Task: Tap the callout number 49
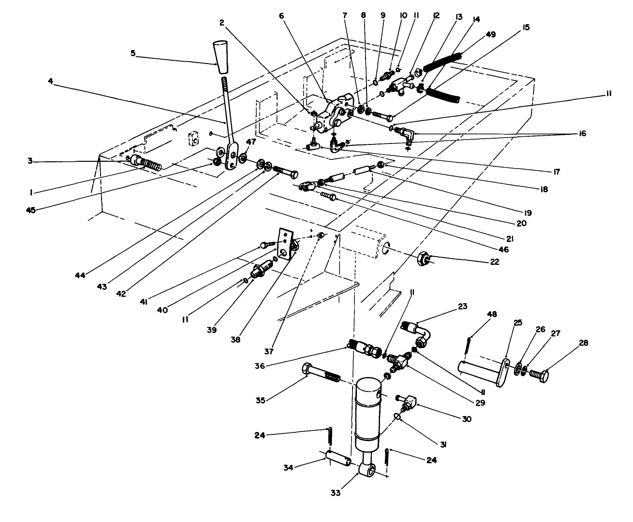[491, 34]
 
